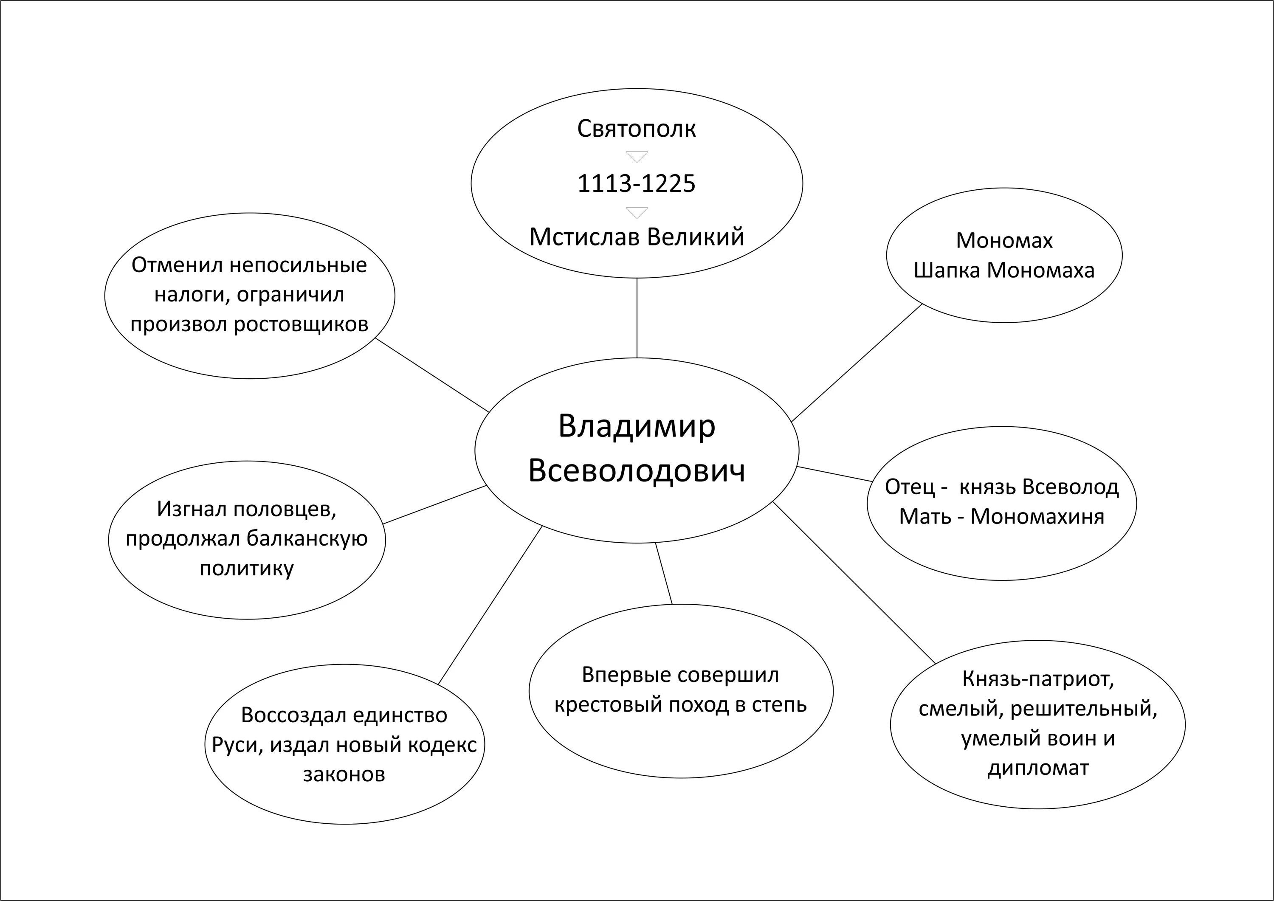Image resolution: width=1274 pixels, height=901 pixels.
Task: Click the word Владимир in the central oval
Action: point(637,427)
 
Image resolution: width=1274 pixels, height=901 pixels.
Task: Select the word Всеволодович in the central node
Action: point(637,471)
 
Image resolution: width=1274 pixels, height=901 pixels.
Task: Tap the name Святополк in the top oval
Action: point(637,129)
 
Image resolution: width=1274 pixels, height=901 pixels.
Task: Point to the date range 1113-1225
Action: point(637,184)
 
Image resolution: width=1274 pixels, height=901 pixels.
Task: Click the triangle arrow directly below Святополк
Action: point(637,156)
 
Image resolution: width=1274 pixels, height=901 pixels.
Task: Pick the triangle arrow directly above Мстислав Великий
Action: point(637,212)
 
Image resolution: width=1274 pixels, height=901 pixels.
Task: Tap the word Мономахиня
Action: point(1037,516)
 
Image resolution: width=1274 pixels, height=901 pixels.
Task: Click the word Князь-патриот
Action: point(1037,679)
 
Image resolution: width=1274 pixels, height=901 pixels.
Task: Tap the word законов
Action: point(344,774)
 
